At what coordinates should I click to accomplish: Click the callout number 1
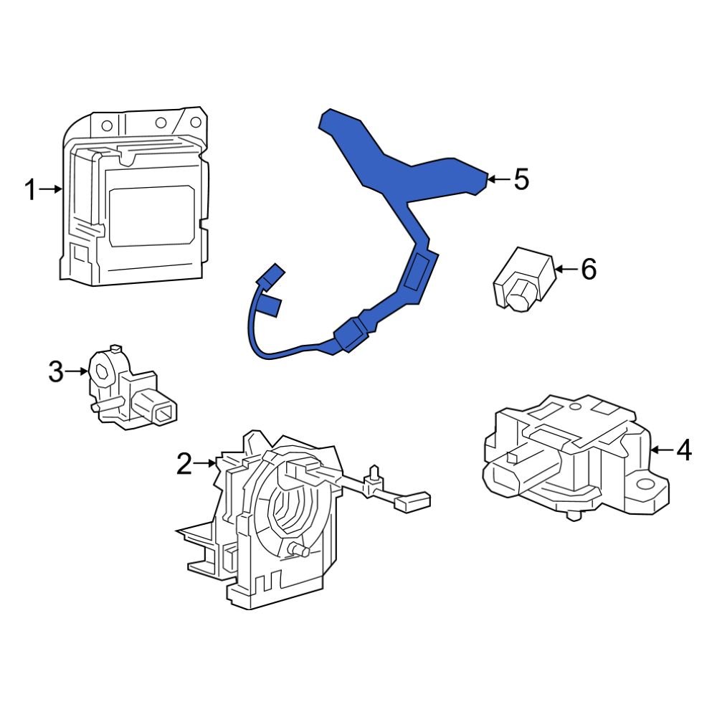click(29, 190)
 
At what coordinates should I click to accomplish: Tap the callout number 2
click(184, 465)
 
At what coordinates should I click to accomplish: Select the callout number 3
click(56, 371)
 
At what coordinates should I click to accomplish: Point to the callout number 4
click(684, 450)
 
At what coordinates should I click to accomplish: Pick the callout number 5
click(521, 179)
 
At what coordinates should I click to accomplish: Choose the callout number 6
click(588, 270)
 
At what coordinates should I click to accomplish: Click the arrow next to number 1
click(52, 189)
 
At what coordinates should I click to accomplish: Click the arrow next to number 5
click(499, 179)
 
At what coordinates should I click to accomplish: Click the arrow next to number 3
click(77, 371)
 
